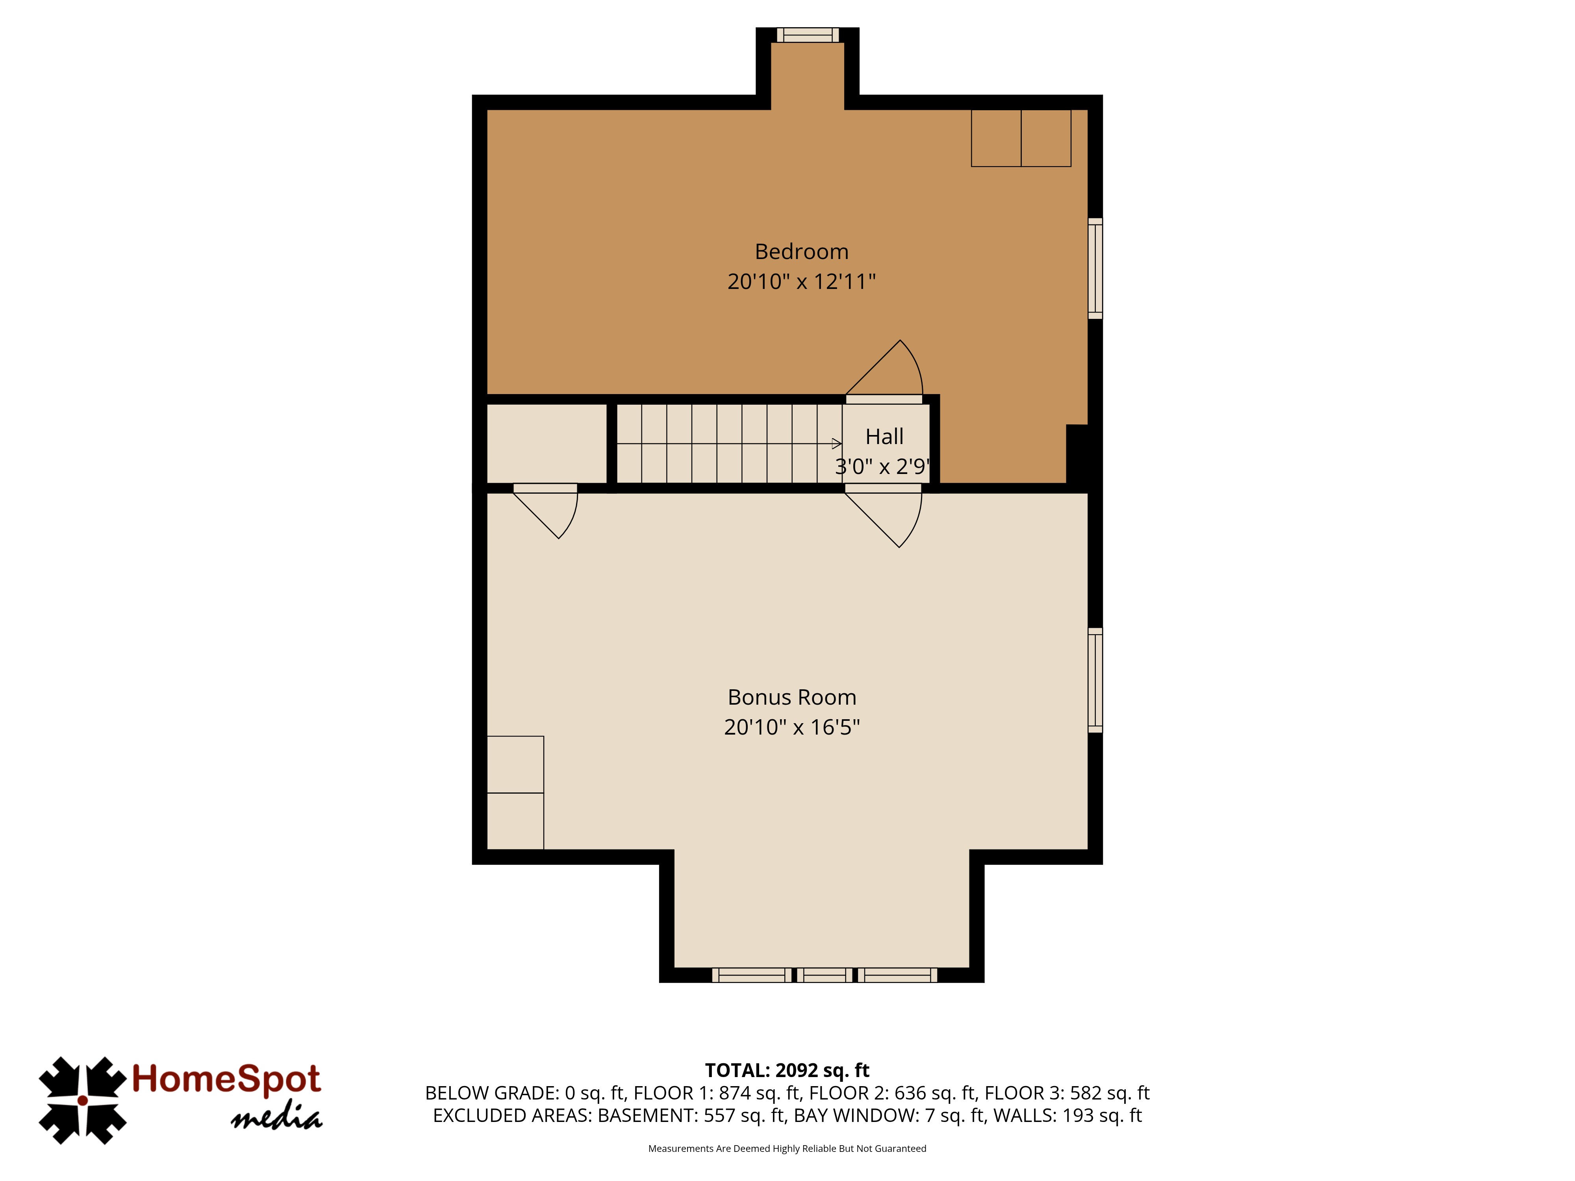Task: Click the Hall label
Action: [x=884, y=436]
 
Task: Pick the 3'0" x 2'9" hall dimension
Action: [x=883, y=466]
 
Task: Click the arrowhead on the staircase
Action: [x=838, y=444]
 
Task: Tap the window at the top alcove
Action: [x=808, y=35]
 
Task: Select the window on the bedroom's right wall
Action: [x=1095, y=268]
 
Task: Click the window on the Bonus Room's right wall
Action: [x=1095, y=680]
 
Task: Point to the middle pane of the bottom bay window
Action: [x=824, y=975]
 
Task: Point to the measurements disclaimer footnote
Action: [x=787, y=1148]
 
